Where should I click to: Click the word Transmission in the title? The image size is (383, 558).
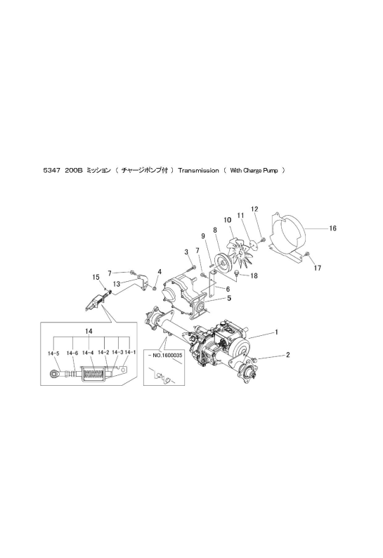(199, 171)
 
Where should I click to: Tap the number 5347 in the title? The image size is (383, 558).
(51, 171)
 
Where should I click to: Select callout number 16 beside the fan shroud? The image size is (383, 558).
(332, 228)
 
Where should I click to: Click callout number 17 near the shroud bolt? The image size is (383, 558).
(317, 268)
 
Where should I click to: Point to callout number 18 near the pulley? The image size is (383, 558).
(254, 275)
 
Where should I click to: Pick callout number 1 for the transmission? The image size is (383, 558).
(277, 332)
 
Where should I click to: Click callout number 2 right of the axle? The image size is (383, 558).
(287, 354)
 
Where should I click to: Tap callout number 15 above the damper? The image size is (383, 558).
(96, 277)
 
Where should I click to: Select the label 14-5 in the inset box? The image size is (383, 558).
(53, 353)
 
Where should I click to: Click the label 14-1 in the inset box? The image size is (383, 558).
(130, 352)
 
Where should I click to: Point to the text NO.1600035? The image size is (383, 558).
(161, 355)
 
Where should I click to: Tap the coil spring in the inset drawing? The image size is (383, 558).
(93, 375)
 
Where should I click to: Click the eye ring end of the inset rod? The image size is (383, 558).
(54, 374)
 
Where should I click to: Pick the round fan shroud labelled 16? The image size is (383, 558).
(289, 237)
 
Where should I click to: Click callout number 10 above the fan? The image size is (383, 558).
(228, 220)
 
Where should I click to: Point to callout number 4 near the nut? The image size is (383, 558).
(160, 271)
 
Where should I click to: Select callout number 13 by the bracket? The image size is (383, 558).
(117, 284)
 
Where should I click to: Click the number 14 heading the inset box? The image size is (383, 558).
(89, 331)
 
